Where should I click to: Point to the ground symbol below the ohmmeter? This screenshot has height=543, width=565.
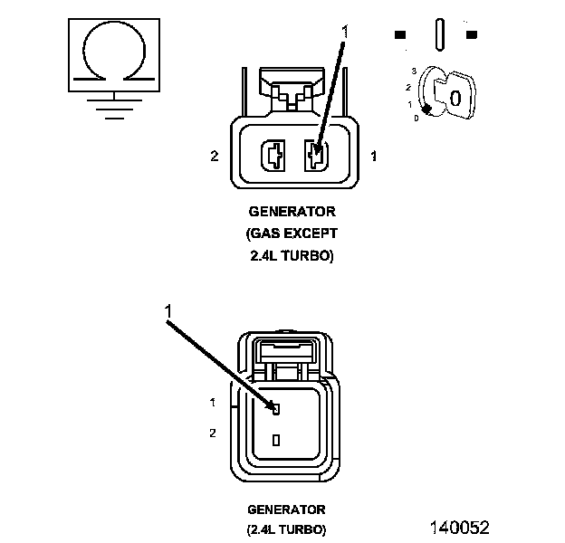point(114,108)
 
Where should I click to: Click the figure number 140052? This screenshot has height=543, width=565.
point(460,528)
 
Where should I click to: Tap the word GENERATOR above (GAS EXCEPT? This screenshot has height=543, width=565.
point(292,212)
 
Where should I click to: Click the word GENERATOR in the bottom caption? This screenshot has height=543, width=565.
point(286,510)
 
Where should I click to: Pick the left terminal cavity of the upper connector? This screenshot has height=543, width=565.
point(273,156)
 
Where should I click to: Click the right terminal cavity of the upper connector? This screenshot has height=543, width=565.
point(316,156)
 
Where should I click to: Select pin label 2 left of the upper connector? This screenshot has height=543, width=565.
point(215,156)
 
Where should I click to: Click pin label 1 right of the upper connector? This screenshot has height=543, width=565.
point(374,156)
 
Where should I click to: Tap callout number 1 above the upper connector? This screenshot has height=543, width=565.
point(345,32)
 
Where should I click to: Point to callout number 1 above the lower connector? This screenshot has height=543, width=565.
point(168,311)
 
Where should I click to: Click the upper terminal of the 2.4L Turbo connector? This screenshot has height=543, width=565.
point(276,409)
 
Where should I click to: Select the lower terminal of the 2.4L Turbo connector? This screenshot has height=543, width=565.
point(276,440)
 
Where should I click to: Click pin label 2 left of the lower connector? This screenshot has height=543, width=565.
point(213,433)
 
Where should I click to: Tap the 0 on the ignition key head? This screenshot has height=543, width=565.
point(455,99)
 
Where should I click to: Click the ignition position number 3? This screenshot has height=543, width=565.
point(414,71)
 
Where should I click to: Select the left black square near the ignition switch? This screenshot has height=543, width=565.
point(400,34)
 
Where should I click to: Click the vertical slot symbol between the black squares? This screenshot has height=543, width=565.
point(440,34)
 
